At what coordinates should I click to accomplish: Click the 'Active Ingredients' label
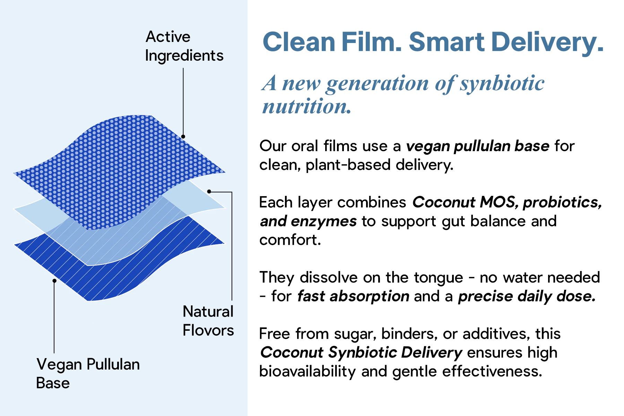[x=184, y=46]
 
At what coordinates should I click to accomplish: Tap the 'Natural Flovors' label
[x=208, y=321]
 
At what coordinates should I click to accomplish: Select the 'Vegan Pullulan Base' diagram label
[x=88, y=373]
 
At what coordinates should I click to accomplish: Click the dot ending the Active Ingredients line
[x=183, y=137]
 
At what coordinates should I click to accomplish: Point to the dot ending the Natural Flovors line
[x=209, y=191]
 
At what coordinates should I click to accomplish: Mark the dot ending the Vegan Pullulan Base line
[x=54, y=281]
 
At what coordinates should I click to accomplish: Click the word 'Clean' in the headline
[x=299, y=42]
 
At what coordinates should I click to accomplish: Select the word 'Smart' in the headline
[x=447, y=42]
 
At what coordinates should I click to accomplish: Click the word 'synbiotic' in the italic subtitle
[x=502, y=84]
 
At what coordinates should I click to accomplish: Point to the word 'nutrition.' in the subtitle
[x=307, y=106]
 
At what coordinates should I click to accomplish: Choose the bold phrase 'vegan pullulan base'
[x=478, y=146]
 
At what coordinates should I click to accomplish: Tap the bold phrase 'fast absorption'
[x=353, y=296]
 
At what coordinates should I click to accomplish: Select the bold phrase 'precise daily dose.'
[x=527, y=296]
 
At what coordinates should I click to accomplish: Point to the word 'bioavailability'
[x=307, y=372]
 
